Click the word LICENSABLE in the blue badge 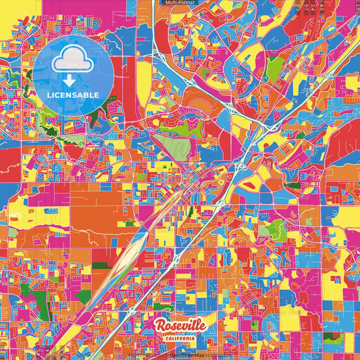coord(72,95)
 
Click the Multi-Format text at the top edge coord(180,3)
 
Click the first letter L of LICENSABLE coord(49,95)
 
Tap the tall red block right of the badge coord(128,81)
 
